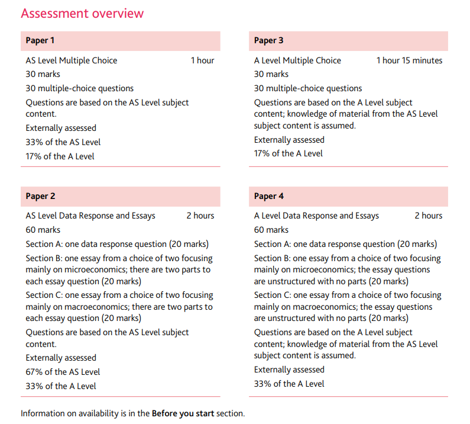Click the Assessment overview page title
[82, 13]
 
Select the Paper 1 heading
[40, 40]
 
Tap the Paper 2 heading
[40, 196]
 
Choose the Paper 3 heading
[268, 40]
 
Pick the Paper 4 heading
[268, 196]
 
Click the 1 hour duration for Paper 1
[202, 60]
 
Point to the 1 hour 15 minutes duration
[409, 60]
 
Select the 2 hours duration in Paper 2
[200, 216]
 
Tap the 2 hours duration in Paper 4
[428, 216]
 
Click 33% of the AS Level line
[63, 142]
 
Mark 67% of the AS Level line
[63, 372]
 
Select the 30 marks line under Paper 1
[43, 74]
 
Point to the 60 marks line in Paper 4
[271, 230]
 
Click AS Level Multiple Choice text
[72, 60]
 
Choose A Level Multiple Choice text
[297, 60]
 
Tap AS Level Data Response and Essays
[90, 216]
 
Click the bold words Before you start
[183, 413]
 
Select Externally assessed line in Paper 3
[289, 140]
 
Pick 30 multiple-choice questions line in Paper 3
[308, 88]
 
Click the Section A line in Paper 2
[117, 244]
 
